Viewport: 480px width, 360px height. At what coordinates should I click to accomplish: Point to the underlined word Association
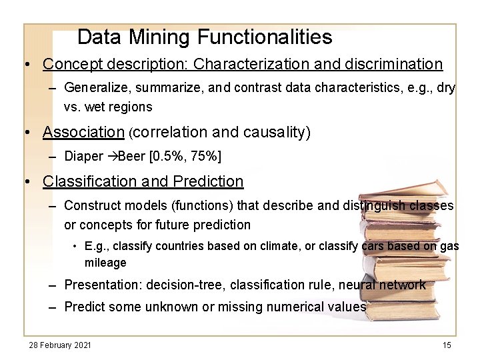(x=83, y=132)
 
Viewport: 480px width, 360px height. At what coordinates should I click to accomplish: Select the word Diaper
(x=84, y=157)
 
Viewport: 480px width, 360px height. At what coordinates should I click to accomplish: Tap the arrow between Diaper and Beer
(x=112, y=157)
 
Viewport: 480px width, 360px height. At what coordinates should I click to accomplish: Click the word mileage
(x=105, y=263)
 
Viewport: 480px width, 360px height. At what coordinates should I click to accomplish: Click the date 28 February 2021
(x=60, y=345)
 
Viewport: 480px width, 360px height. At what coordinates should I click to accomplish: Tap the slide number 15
(x=447, y=345)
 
